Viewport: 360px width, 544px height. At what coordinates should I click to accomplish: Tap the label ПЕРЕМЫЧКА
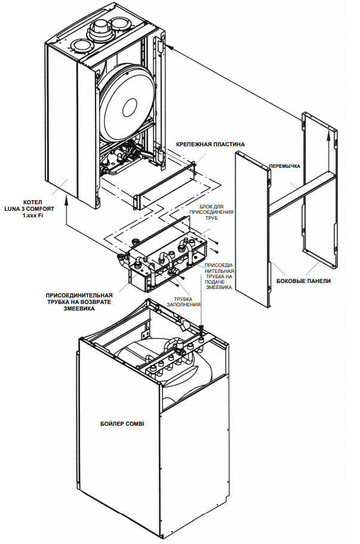coord(285,165)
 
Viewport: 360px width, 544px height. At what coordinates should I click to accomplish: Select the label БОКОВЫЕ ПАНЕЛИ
coord(304,281)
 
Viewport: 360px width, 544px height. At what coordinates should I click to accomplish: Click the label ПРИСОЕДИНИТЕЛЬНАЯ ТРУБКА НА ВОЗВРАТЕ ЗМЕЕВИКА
coord(80,301)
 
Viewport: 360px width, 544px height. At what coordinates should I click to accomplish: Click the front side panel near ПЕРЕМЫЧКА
coord(251,227)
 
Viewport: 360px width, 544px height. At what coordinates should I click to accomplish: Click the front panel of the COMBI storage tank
coord(119,454)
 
